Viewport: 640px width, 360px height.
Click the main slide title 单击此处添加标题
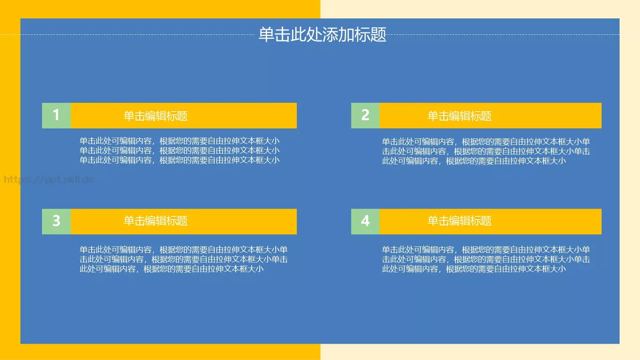click(x=322, y=35)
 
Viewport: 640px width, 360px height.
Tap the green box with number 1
click(x=56, y=116)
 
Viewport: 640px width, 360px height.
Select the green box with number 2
click(x=365, y=116)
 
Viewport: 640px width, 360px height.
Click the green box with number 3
click(x=56, y=221)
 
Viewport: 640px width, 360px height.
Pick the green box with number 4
click(x=365, y=221)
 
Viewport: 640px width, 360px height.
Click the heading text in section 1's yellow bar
click(x=156, y=116)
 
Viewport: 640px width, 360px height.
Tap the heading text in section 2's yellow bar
click(x=459, y=116)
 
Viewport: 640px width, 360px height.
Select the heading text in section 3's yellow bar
click(x=156, y=221)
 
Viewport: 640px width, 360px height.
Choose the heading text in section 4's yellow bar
click(x=459, y=221)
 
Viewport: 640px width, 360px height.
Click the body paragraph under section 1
click(x=180, y=150)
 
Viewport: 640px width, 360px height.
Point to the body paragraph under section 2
click(x=486, y=151)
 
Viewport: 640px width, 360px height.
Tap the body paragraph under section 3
click(x=183, y=259)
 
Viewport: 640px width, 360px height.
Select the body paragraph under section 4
click(x=486, y=259)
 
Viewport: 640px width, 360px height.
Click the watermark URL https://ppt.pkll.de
click(x=49, y=179)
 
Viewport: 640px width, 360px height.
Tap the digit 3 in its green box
click(x=56, y=221)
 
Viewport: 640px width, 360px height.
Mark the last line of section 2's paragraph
click(x=474, y=161)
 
